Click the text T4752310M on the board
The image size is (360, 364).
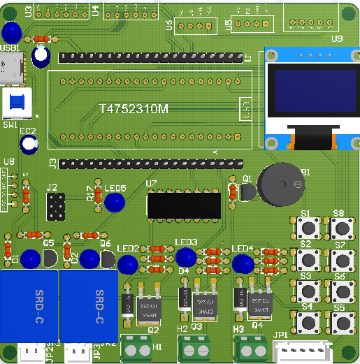[134, 110]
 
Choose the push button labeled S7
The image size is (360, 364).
[342, 261]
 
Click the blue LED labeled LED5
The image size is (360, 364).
[115, 203]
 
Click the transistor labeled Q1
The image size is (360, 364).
[245, 193]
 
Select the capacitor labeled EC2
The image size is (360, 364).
[29, 145]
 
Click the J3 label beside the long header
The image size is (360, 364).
[52, 164]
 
